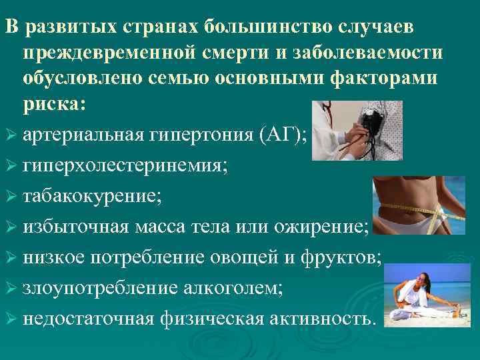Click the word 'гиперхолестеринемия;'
[125, 166]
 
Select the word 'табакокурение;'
[92, 197]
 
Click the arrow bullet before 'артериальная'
[11, 136]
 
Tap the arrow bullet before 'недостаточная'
[11, 319]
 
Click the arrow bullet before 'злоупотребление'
[11, 289]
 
